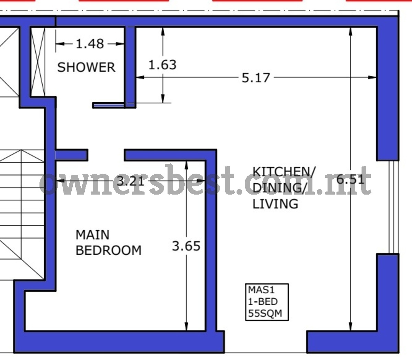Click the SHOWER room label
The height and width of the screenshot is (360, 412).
pos(86,67)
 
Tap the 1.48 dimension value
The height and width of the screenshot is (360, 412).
pos(90,44)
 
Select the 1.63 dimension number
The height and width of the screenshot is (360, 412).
pos(162,65)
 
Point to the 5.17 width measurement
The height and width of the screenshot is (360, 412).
pos(255,78)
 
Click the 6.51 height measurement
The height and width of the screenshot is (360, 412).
pos(351,179)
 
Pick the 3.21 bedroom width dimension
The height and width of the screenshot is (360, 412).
pos(131,181)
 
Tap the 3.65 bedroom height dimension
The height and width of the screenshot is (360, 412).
pos(186,246)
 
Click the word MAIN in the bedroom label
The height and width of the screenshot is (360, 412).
pos(92,235)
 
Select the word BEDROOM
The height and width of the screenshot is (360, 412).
pos(108,250)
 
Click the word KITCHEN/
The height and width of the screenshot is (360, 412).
pos(284,172)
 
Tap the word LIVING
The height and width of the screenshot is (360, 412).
pos(275,204)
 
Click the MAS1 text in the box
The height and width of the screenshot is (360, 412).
pos(261,290)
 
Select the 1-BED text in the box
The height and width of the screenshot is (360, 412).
pos(263,301)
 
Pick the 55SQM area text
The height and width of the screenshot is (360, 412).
pos(265,313)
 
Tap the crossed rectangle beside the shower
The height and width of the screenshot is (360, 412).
pos(38,62)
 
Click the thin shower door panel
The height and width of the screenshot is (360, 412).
pos(108,105)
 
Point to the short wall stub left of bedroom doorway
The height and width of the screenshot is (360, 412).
pos(71,155)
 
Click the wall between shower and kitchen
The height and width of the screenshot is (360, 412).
pos(130,67)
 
